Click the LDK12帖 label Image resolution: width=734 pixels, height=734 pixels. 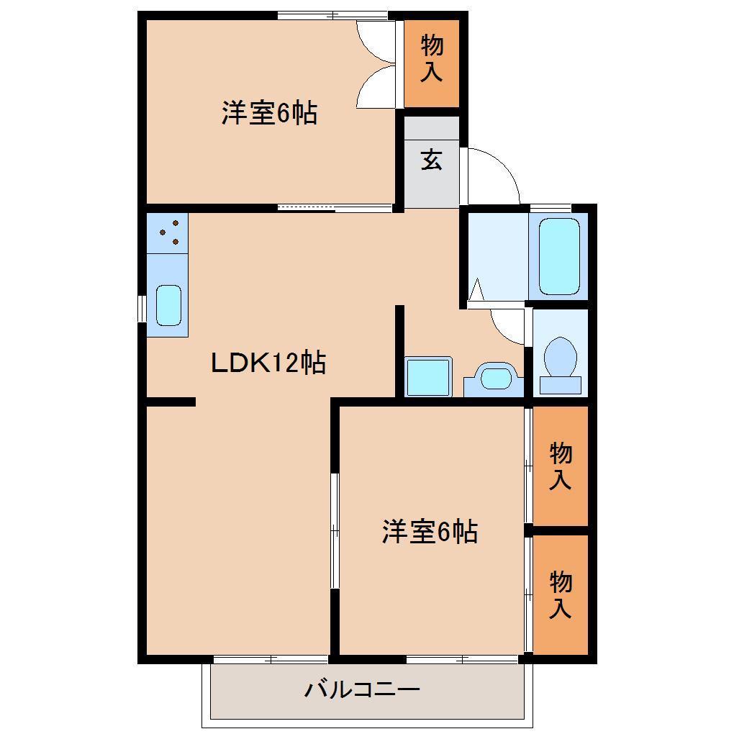[268, 363]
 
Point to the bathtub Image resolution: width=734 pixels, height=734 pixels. [559, 255]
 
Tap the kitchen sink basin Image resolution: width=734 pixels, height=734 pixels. [168, 305]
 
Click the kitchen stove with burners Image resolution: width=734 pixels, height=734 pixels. [168, 232]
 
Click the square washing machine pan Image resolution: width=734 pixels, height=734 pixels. [428, 376]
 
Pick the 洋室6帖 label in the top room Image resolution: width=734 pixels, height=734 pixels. [269, 114]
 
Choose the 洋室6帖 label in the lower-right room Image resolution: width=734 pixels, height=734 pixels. [430, 533]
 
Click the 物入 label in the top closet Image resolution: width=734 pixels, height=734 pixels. [432, 59]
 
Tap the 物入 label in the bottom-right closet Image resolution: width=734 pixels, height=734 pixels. [561, 594]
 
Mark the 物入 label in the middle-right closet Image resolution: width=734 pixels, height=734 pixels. [561, 466]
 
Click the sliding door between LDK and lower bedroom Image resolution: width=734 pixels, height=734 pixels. [335, 530]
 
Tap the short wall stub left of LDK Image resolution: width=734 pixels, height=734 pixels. [171, 402]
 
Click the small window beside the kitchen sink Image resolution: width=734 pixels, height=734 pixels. [142, 308]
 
